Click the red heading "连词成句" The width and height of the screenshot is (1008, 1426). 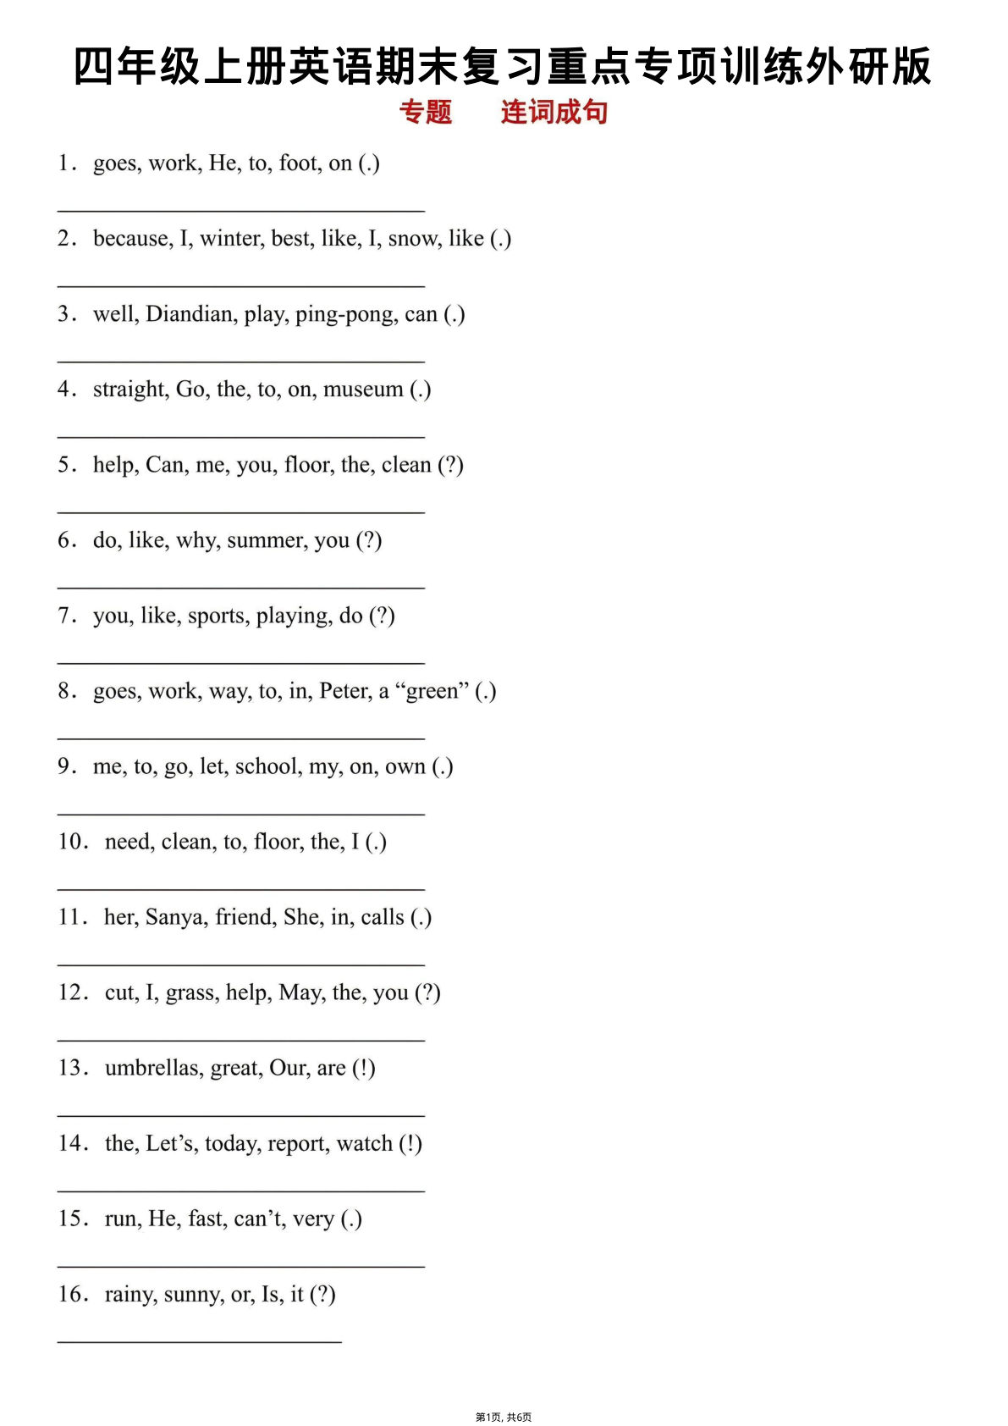pos(554,112)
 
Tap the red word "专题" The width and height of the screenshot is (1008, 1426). pos(426,112)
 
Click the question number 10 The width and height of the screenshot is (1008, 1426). pos(72,842)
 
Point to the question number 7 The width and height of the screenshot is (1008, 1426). pos(66,616)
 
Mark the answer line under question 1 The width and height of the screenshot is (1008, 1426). pos(240,209)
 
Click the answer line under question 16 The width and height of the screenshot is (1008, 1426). pos(200,1340)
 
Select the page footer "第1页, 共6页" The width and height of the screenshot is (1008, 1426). pos(504,1417)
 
